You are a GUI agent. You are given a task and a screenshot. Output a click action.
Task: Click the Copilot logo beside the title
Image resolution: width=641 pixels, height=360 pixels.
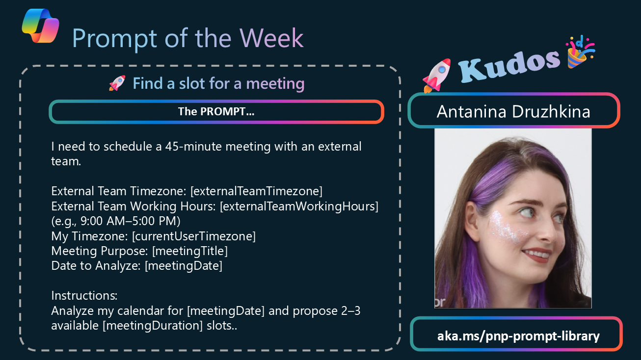point(40,26)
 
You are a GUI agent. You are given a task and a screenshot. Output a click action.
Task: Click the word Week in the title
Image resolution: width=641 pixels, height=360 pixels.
point(271,38)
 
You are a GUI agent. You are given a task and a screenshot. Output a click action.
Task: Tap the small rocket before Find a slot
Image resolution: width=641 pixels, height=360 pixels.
point(117,83)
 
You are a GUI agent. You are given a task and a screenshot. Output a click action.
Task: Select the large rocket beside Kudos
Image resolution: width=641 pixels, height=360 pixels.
point(437,76)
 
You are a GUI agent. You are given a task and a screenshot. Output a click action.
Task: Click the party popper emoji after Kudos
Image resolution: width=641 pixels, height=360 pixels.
point(580,52)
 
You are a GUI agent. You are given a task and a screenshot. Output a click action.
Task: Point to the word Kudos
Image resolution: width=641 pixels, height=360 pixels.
point(509,66)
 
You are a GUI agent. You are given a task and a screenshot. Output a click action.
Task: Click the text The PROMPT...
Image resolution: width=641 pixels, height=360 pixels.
point(216,111)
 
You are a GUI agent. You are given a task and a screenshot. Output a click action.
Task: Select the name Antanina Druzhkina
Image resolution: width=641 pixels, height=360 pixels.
point(513,111)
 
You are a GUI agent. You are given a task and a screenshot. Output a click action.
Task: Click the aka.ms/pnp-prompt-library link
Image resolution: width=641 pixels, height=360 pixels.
point(518,335)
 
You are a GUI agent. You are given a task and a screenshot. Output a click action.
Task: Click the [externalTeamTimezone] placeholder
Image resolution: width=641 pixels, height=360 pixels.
point(256,191)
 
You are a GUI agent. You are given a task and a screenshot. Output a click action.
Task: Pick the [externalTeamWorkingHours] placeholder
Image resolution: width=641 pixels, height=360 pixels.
point(299,206)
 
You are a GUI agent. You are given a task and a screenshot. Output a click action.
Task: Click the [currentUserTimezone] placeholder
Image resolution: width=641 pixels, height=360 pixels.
point(194,236)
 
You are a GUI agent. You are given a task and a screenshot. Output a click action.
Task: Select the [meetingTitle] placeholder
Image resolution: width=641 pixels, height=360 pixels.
point(190,251)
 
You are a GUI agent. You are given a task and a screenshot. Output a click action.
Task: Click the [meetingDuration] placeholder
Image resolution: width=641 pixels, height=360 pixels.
point(153,325)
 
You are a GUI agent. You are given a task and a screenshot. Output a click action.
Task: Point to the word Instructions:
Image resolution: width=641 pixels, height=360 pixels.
point(84,295)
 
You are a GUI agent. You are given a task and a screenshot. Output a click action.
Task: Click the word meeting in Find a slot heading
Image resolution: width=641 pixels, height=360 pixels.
point(275,83)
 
